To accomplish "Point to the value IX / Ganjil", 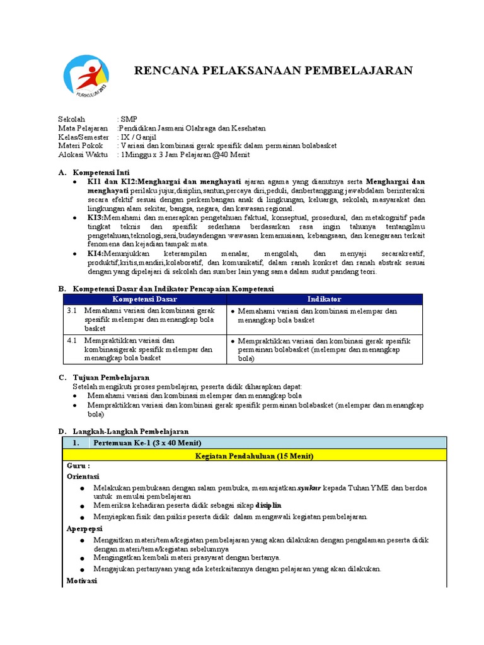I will pyautogui.click(x=138, y=137).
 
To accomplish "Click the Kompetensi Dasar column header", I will pyautogui.click(x=145, y=299).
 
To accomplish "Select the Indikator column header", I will pyautogui.click(x=325, y=299).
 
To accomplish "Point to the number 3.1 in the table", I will pyautogui.click(x=72, y=311).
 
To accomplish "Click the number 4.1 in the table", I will pyautogui.click(x=72, y=340).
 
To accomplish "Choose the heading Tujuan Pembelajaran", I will pyautogui.click(x=111, y=377).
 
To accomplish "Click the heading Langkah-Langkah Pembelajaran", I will pyautogui.click(x=130, y=431).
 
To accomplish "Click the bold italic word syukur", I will pyautogui.click(x=309, y=488).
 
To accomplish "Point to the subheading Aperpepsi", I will pyautogui.click(x=84, y=528).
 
